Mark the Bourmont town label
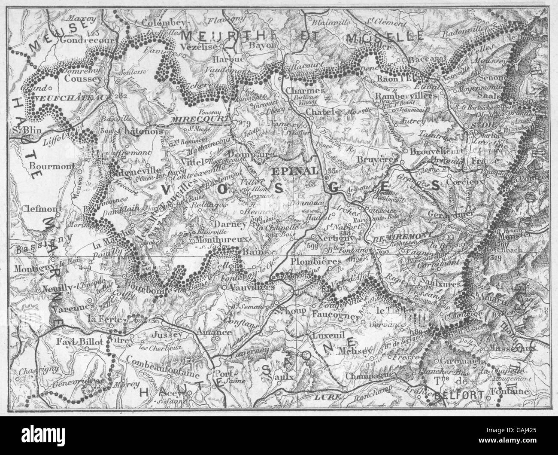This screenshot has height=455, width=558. tap(48, 165)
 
